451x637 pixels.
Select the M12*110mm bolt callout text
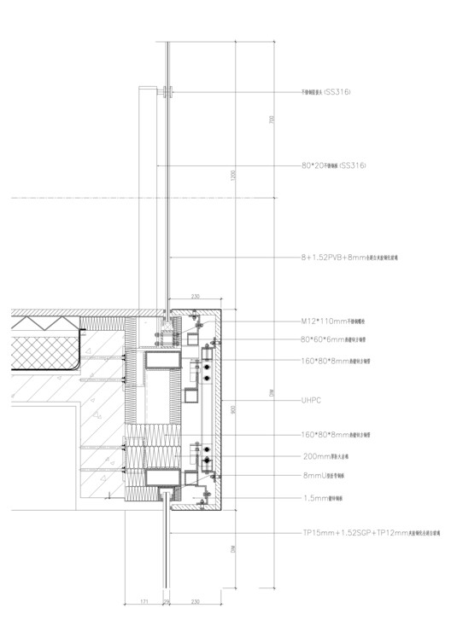[x=334, y=323]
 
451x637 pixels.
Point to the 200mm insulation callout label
[x=330, y=456]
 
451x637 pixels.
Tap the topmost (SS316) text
[x=337, y=91]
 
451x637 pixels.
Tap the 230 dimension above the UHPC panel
[x=196, y=297]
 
